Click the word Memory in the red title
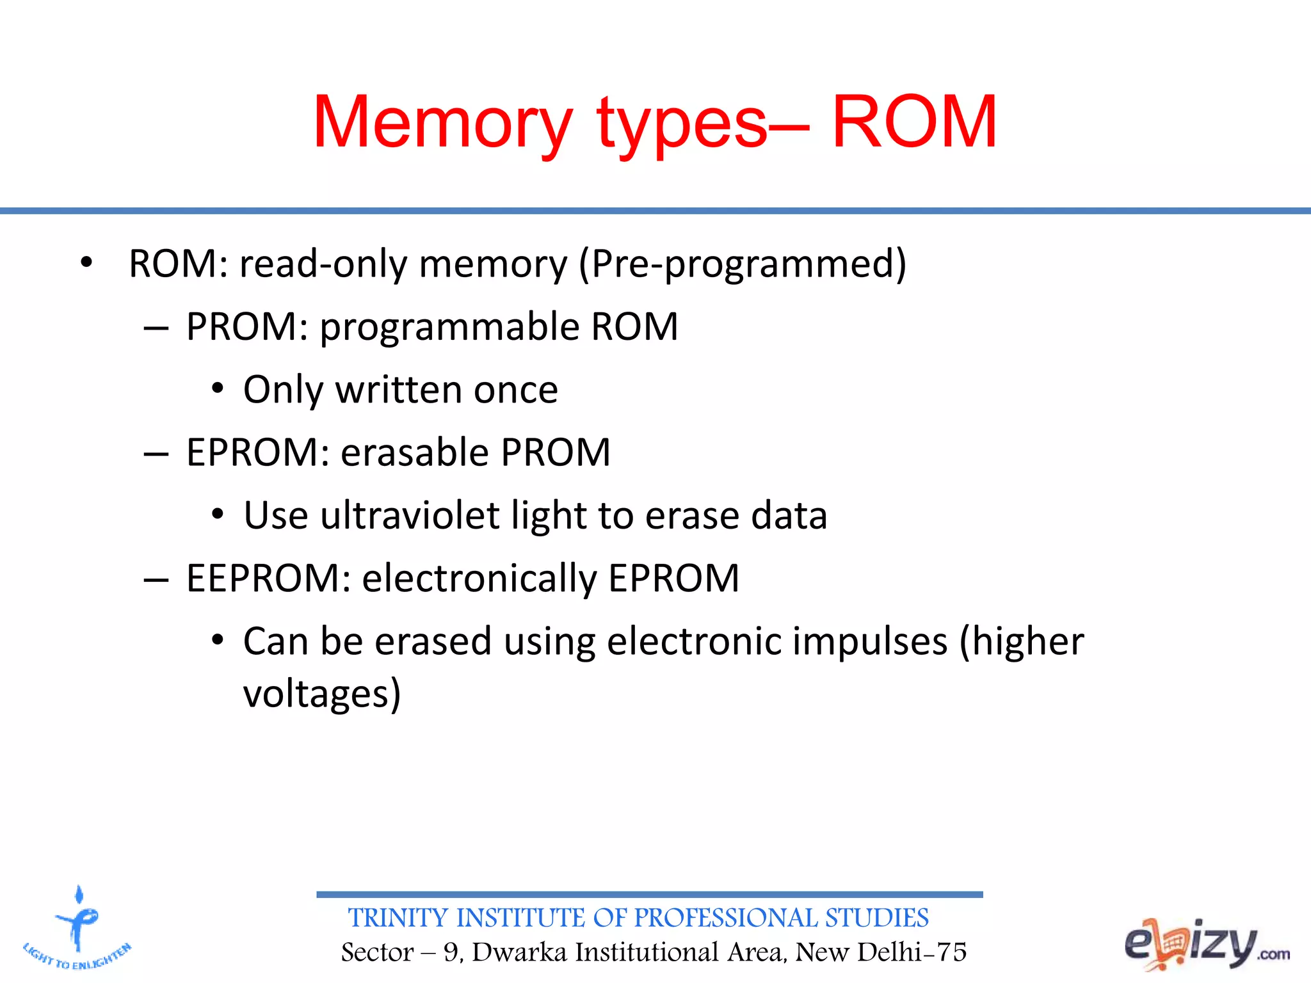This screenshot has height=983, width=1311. point(442,123)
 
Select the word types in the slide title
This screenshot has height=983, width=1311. point(682,125)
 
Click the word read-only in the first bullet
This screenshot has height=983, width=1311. point(323,264)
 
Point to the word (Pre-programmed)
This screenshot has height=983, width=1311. point(743,264)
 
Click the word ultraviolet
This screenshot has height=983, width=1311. point(410,515)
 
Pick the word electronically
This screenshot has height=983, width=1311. point(479,579)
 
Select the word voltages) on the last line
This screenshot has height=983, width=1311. point(322,694)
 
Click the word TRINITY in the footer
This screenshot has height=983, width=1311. point(398,918)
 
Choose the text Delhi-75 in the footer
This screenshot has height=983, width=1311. point(912,952)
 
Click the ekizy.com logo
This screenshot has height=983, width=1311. point(1206,945)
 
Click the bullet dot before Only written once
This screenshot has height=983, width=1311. point(218,389)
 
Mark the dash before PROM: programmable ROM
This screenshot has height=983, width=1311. point(156,328)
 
